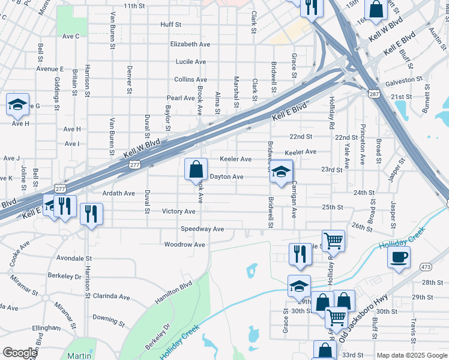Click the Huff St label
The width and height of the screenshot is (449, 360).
[170, 25]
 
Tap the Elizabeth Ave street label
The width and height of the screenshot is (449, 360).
[190, 44]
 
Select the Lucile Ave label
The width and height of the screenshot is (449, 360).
[191, 62]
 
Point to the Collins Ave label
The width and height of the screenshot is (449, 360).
[191, 79]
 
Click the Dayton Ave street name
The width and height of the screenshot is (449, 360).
[226, 177]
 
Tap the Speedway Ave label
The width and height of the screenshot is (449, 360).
[202, 229]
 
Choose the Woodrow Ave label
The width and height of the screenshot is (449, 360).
[185, 245]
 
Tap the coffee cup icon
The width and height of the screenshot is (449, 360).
[399, 259]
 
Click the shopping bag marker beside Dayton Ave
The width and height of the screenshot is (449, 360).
[196, 169]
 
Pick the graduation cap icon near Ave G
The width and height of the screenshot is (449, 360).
[18, 104]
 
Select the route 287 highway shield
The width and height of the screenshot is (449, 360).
[373, 94]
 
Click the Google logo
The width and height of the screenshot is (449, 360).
[20, 353]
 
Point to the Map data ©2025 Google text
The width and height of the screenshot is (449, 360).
[411, 355]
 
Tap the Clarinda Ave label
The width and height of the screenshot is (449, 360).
[112, 297]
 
